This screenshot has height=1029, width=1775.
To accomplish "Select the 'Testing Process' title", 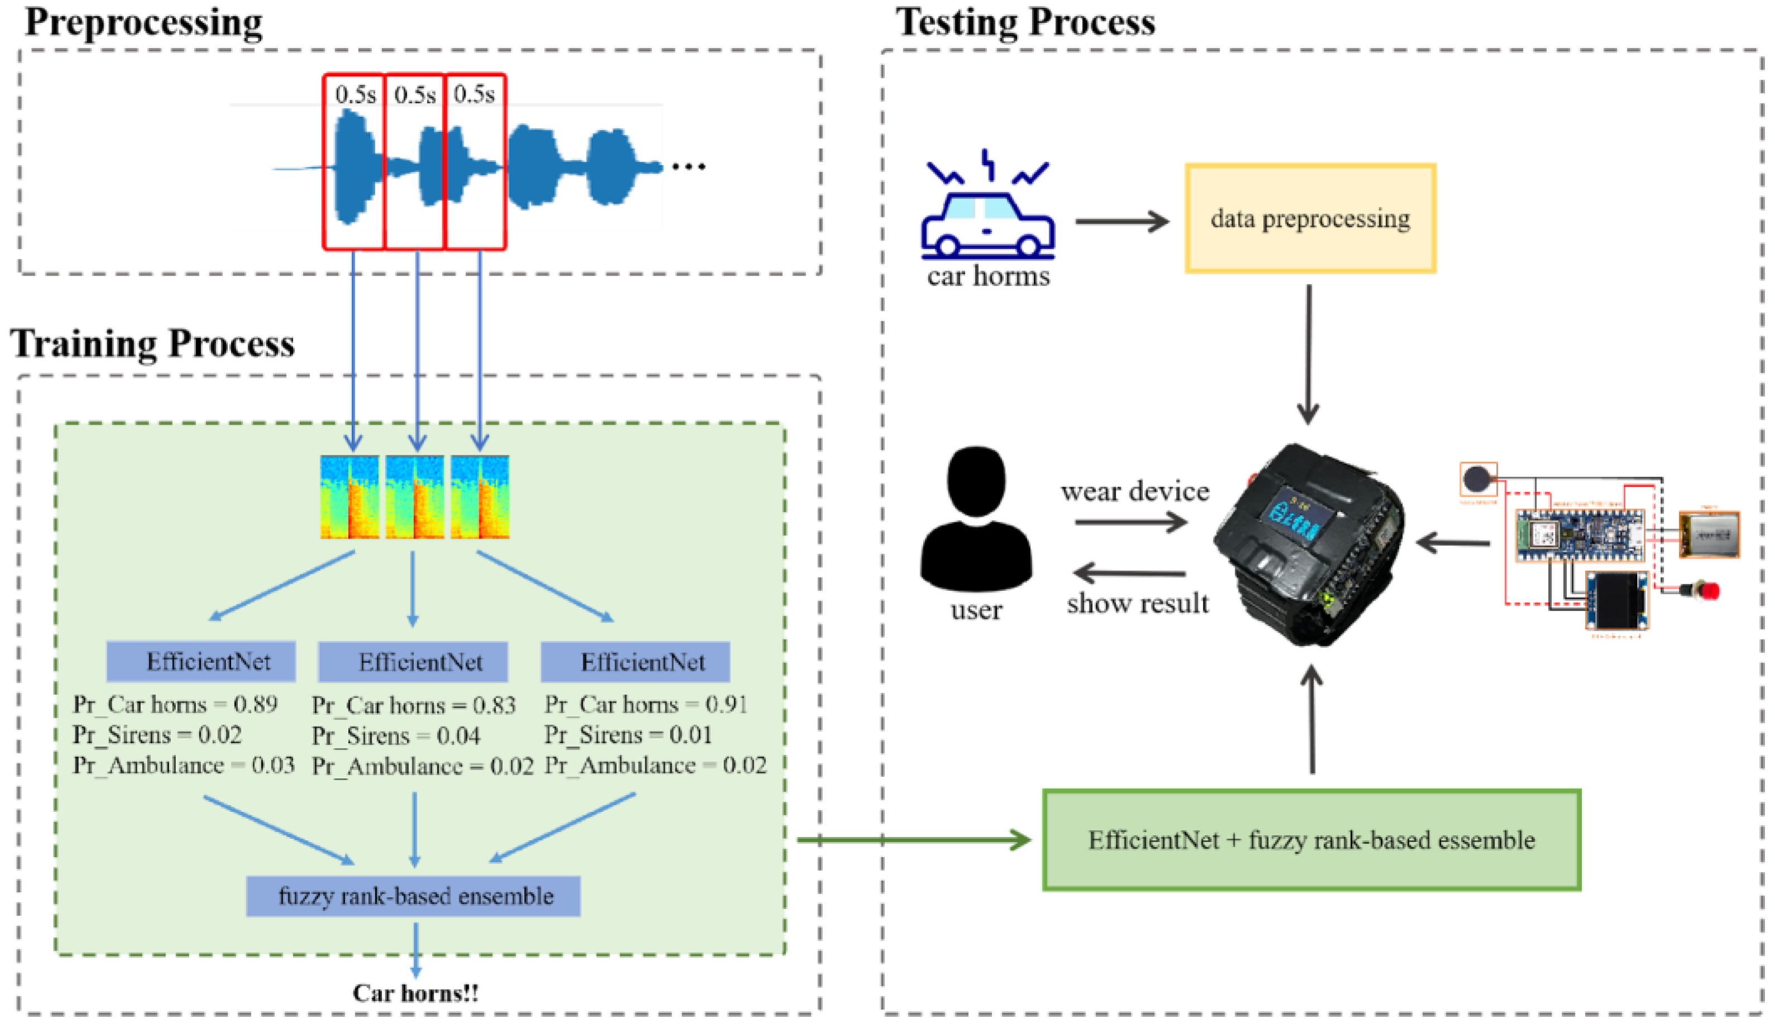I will click(1025, 22).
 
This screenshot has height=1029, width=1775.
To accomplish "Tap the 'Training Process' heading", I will click(153, 344).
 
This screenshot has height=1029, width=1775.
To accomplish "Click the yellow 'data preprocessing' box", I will click(1310, 218).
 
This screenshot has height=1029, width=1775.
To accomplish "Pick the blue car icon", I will click(987, 211).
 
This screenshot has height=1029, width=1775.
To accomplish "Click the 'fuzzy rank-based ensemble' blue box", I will click(414, 896).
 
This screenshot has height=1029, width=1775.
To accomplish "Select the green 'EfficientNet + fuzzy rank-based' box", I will click(1312, 840).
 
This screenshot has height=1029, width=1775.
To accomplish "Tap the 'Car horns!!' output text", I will click(416, 993).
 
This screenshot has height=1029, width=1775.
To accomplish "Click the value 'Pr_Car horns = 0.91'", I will click(646, 704).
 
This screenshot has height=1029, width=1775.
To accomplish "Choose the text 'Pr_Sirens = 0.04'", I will click(396, 736).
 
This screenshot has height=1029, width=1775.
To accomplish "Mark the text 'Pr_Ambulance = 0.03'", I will click(184, 766).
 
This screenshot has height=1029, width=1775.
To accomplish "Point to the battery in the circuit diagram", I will click(1710, 535).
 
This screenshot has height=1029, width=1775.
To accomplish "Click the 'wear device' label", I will click(1135, 491).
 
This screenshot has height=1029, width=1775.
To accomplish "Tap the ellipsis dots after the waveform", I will click(688, 167).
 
